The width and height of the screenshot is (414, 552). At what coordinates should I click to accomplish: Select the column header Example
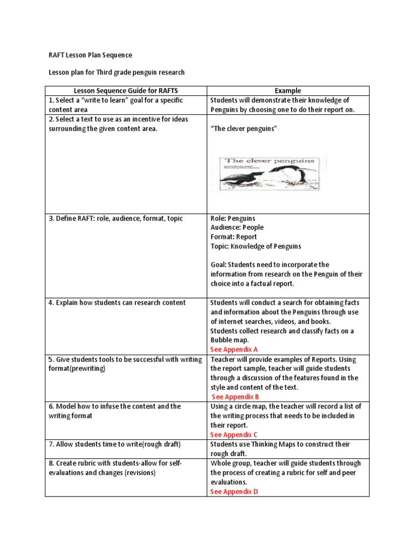pyautogui.click(x=288, y=91)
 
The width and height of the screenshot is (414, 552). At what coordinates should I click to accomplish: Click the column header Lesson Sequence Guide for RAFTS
pyautogui.click(x=126, y=91)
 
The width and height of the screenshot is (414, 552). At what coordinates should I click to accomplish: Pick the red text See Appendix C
pyautogui.click(x=234, y=434)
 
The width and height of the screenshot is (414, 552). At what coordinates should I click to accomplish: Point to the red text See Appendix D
pyautogui.click(x=234, y=492)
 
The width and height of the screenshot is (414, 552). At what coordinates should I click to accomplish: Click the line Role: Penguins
pyautogui.click(x=233, y=218)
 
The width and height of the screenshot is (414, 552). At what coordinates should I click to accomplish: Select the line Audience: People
pyautogui.click(x=237, y=227)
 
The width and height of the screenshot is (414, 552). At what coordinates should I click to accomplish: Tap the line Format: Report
pyautogui.click(x=233, y=237)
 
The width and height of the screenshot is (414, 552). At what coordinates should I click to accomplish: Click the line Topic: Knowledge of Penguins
pyautogui.click(x=256, y=246)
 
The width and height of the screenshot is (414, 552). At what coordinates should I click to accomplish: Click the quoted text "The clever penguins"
pyautogui.click(x=243, y=129)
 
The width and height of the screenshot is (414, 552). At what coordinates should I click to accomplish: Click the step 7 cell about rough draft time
pyautogui.click(x=114, y=444)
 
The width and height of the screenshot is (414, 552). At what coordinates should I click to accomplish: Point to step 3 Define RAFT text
pyautogui.click(x=115, y=218)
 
